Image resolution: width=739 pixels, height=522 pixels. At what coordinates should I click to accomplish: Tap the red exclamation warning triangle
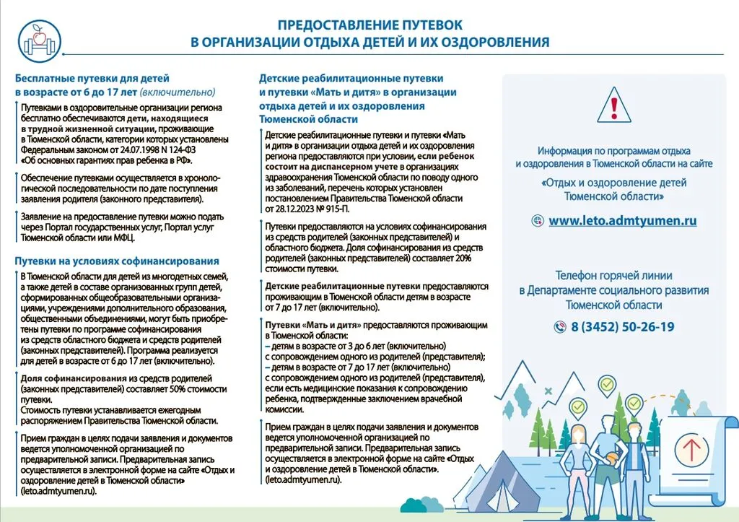[613, 106]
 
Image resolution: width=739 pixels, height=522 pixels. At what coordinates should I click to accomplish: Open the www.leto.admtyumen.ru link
[622, 221]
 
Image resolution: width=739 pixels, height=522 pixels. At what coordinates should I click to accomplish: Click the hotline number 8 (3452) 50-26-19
[622, 327]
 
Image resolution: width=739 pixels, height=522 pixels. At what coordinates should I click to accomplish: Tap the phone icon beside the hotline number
[559, 327]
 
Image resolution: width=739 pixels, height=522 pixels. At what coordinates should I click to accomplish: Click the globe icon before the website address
[537, 221]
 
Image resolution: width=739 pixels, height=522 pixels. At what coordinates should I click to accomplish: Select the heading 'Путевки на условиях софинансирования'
[117, 261]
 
